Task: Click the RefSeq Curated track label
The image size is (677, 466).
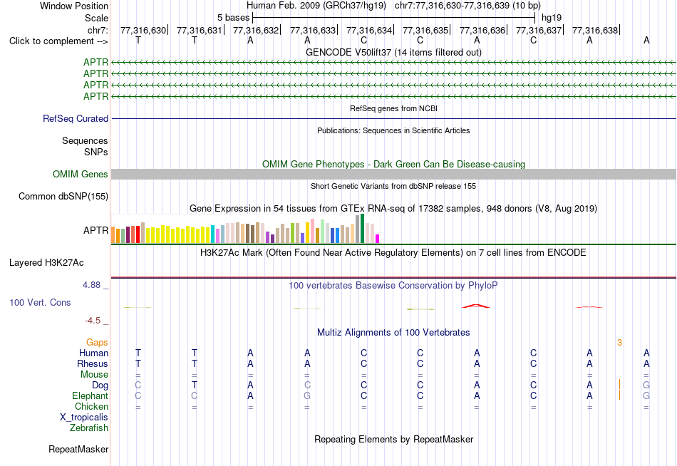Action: click(x=76, y=119)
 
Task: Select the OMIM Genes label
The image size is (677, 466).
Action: click(x=81, y=174)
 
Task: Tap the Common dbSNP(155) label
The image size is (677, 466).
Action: click(x=63, y=197)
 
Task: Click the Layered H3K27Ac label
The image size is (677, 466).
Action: click(x=46, y=263)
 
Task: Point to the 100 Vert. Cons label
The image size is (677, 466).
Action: click(x=40, y=302)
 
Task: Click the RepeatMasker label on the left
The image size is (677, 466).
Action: click(x=78, y=449)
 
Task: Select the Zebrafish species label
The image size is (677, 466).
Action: click(x=89, y=428)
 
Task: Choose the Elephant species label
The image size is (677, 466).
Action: click(x=91, y=396)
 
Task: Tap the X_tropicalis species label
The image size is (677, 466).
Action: click(x=84, y=418)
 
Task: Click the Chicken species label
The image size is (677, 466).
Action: click(x=91, y=406)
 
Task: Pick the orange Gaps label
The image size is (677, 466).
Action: click(x=97, y=343)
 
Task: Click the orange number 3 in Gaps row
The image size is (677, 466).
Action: click(x=619, y=343)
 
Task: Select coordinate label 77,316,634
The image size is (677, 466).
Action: click(x=369, y=30)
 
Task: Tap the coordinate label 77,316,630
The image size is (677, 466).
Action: click(x=143, y=30)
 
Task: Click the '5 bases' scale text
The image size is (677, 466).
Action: click(x=233, y=18)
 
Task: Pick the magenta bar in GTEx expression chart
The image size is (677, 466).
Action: click(x=378, y=239)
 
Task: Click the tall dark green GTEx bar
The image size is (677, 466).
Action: click(x=362, y=229)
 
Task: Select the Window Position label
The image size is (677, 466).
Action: click(x=74, y=6)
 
